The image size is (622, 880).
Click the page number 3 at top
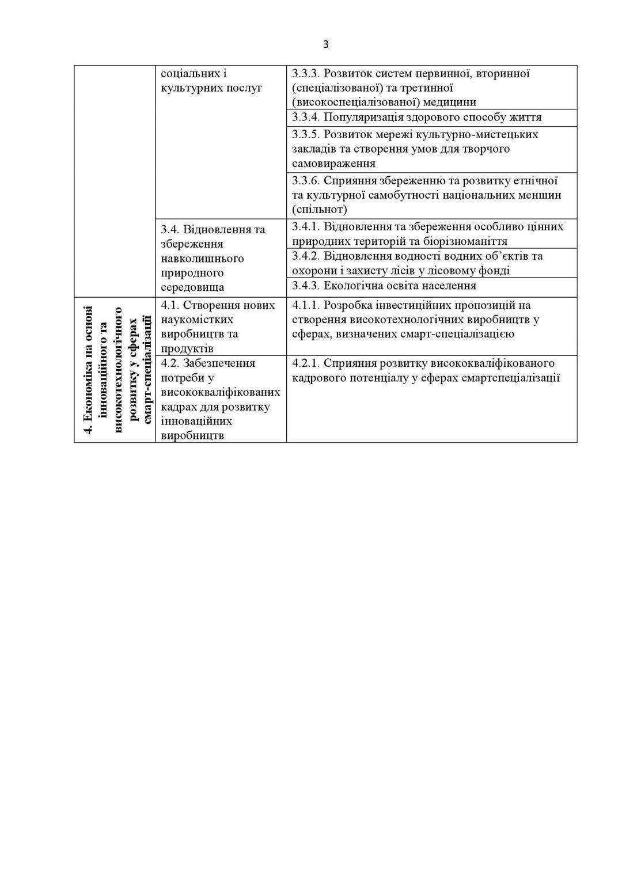[x=325, y=45]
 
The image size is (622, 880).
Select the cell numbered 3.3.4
[x=416, y=117]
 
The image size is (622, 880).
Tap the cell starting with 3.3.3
[x=411, y=88]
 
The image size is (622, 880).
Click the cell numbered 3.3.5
[x=415, y=149]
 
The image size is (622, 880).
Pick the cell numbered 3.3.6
[x=426, y=195]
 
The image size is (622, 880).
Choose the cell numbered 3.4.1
[x=427, y=234]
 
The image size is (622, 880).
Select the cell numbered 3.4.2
[x=417, y=263]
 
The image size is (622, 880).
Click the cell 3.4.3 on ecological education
[x=384, y=286]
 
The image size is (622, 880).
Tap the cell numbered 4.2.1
[x=426, y=370]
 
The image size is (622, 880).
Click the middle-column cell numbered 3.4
[x=213, y=258]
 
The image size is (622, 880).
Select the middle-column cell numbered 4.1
[x=218, y=327]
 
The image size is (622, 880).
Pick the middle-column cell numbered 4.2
[x=221, y=399]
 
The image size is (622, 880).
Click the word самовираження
[x=333, y=164]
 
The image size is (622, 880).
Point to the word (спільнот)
[x=319, y=209]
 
